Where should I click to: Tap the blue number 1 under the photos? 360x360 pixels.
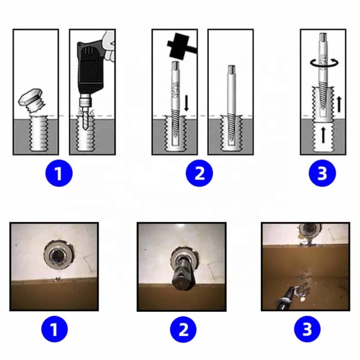click(54, 331)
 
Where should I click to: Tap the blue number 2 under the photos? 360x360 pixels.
click(184, 331)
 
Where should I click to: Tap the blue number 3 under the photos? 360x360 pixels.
click(307, 331)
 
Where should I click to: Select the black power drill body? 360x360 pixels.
click(90, 63)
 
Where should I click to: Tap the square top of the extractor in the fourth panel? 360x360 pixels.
click(231, 70)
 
